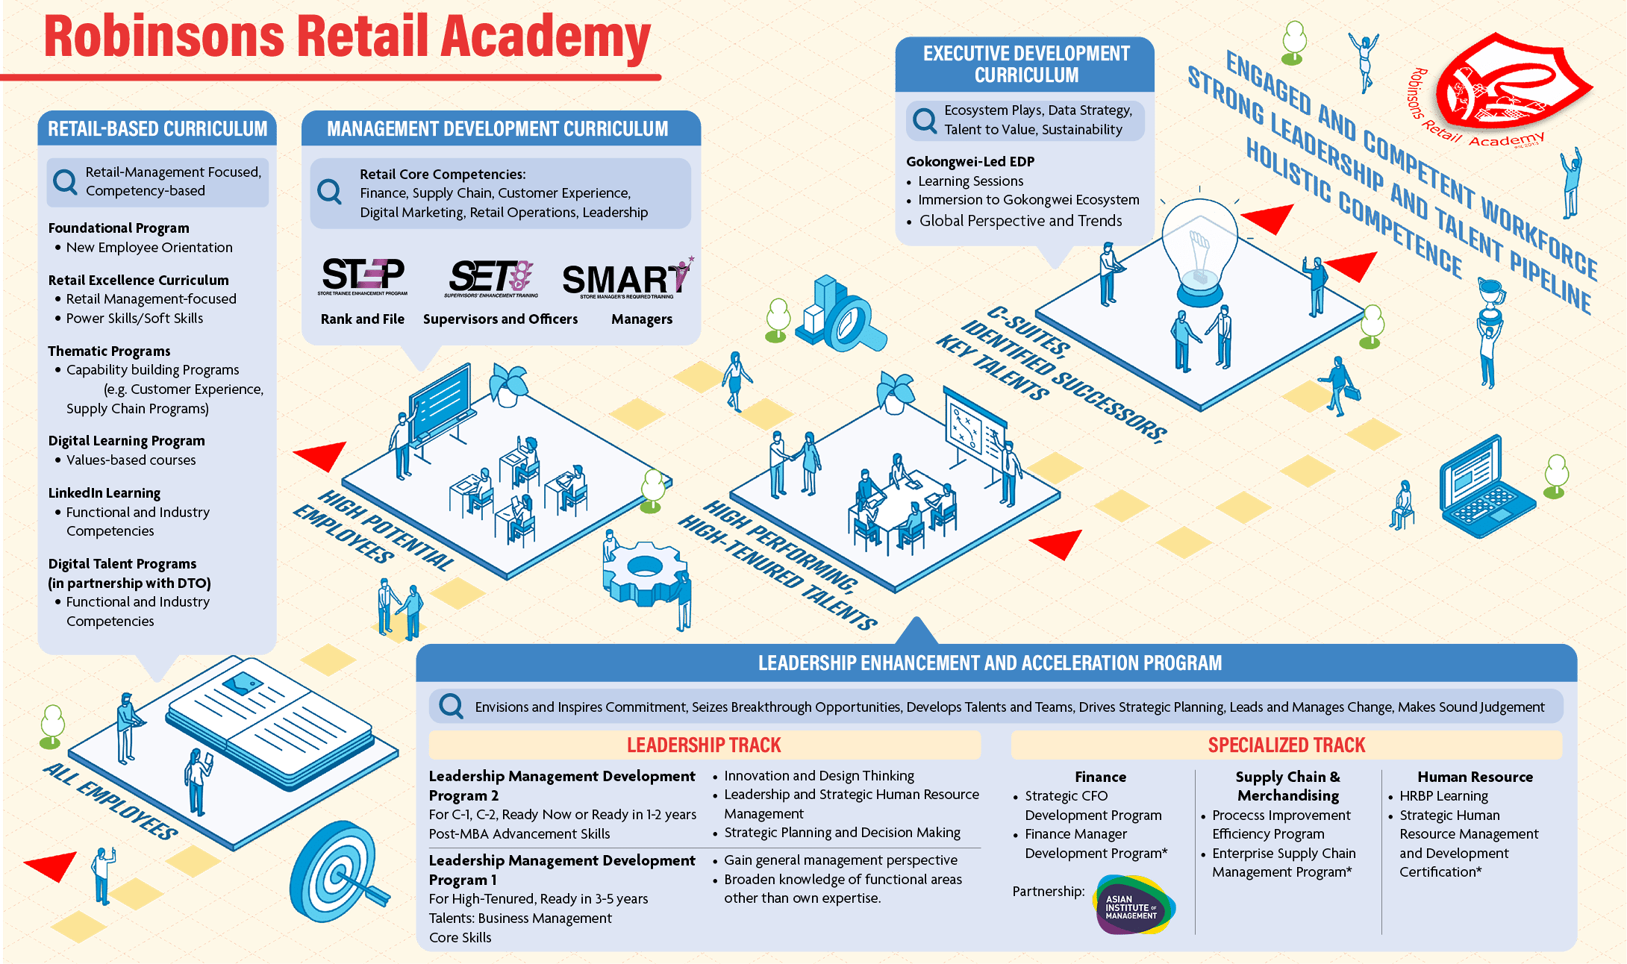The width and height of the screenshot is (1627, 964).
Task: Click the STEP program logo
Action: tap(363, 276)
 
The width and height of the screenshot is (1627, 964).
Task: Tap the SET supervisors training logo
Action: tap(491, 278)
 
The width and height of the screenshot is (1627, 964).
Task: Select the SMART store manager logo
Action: tap(627, 279)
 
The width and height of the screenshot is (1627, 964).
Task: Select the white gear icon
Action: tap(643, 572)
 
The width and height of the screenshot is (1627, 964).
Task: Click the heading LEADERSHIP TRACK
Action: tap(704, 745)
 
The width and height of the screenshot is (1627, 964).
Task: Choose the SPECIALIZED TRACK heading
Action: tap(1286, 745)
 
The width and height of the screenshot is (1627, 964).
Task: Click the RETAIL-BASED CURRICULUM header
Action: tap(157, 129)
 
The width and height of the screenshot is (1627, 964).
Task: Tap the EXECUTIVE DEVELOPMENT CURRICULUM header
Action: tap(1025, 64)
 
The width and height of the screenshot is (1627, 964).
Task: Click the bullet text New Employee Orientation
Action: tap(149, 248)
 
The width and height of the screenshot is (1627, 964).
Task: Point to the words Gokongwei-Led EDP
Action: tap(970, 162)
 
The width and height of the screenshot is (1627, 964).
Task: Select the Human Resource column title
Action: tap(1475, 777)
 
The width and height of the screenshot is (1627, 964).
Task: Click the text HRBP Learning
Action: tap(1443, 796)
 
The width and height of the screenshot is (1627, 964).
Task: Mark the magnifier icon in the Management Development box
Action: tap(329, 192)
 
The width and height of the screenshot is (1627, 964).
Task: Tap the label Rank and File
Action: tap(362, 319)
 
